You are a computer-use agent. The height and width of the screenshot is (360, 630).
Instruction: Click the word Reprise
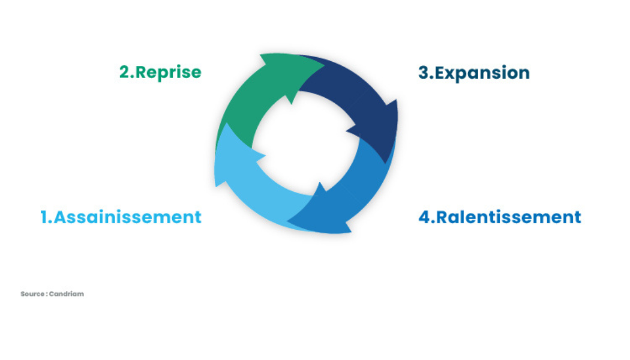169,72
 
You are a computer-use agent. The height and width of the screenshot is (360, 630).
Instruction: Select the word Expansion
482,73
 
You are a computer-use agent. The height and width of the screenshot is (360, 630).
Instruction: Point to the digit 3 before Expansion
424,73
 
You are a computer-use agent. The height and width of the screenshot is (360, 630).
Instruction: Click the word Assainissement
128,217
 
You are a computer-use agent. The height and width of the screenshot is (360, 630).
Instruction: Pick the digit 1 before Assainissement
44,217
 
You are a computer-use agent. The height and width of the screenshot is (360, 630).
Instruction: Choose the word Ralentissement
509,217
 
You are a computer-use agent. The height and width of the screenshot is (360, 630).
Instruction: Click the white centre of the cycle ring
306,144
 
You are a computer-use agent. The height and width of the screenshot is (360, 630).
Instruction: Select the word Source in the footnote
31,294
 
